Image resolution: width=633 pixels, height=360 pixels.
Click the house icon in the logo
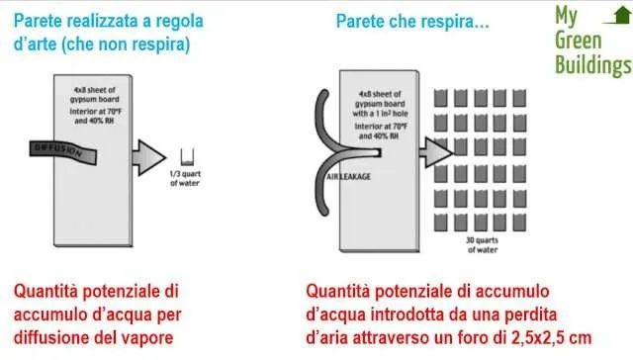tap(620, 14)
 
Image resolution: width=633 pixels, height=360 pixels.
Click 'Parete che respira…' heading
tap(412, 20)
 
